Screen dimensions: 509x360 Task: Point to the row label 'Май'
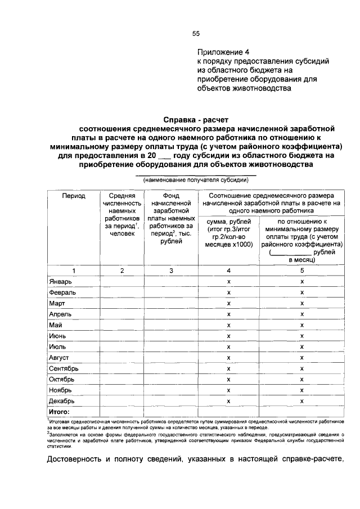tap(55, 325)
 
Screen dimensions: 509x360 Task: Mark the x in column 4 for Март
tap(228, 304)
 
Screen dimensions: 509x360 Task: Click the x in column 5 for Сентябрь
tap(302, 368)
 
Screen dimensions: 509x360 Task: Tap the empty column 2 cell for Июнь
tap(122, 336)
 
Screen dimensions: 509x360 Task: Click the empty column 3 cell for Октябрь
tap(171, 380)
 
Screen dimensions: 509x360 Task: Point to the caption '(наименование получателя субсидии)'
tap(195, 181)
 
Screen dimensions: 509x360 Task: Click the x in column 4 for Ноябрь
tap(228, 390)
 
